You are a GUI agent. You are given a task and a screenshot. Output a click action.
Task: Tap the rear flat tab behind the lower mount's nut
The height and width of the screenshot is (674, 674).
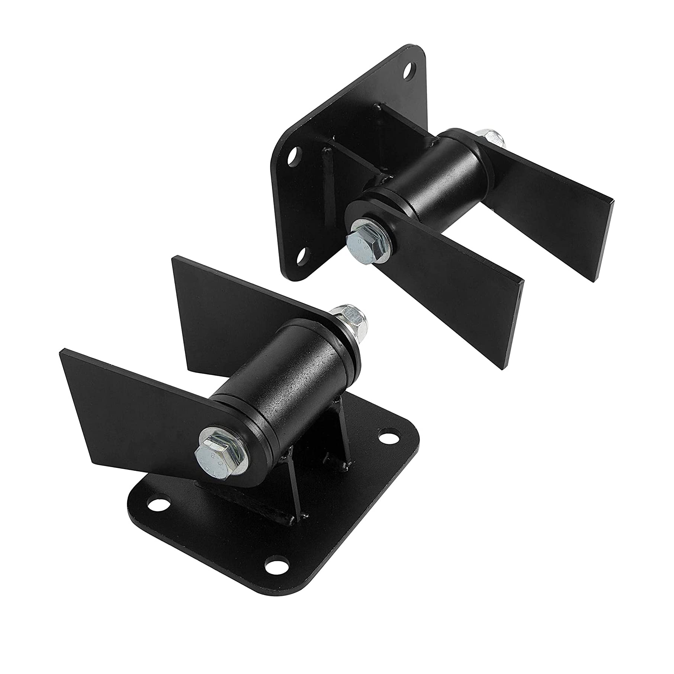click(x=231, y=305)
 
